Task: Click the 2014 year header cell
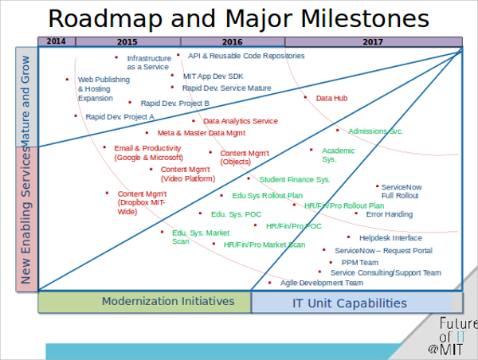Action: (57, 41)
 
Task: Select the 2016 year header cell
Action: (233, 41)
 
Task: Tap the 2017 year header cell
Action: (373, 41)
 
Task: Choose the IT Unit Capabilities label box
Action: (349, 303)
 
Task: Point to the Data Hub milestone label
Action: (331, 99)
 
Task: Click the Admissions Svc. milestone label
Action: (375, 131)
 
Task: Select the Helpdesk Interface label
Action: (390, 237)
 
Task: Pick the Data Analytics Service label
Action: (241, 121)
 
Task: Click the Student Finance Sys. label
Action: (294, 179)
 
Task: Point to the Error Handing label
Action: (389, 214)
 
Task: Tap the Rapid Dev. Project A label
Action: (119, 116)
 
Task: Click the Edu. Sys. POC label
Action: (236, 214)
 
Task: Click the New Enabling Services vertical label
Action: (26, 218)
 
